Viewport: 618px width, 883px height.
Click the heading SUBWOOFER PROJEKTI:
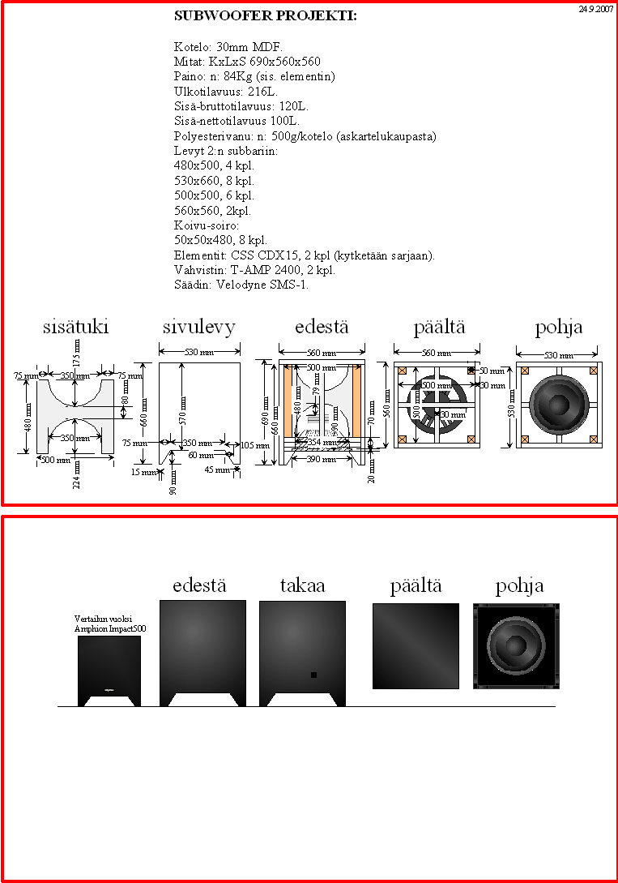pyautogui.click(x=265, y=15)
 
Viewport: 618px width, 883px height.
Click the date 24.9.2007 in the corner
pyautogui.click(x=595, y=9)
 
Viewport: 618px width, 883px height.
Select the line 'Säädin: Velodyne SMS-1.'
pyautogui.click(x=241, y=285)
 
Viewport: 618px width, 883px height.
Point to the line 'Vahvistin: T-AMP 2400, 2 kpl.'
pyautogui.click(x=254, y=270)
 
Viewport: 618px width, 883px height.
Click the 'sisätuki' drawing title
pyautogui.click(x=75, y=327)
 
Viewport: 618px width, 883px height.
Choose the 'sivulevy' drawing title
pyautogui.click(x=198, y=327)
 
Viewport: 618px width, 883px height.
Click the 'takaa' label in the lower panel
pyautogui.click(x=302, y=585)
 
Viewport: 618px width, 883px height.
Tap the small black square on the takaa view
pyautogui.click(x=313, y=675)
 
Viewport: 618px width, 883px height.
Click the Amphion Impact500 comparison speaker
pyautogui.click(x=109, y=671)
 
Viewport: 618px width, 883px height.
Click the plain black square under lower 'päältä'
pyautogui.click(x=416, y=645)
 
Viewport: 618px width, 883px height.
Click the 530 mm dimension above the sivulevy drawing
pyautogui.click(x=199, y=354)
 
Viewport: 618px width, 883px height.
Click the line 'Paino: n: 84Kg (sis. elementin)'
pyautogui.click(x=254, y=76)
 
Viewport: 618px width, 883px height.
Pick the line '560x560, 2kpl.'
pyautogui.click(x=214, y=210)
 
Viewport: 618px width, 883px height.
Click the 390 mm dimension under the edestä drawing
pyautogui.click(x=322, y=460)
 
